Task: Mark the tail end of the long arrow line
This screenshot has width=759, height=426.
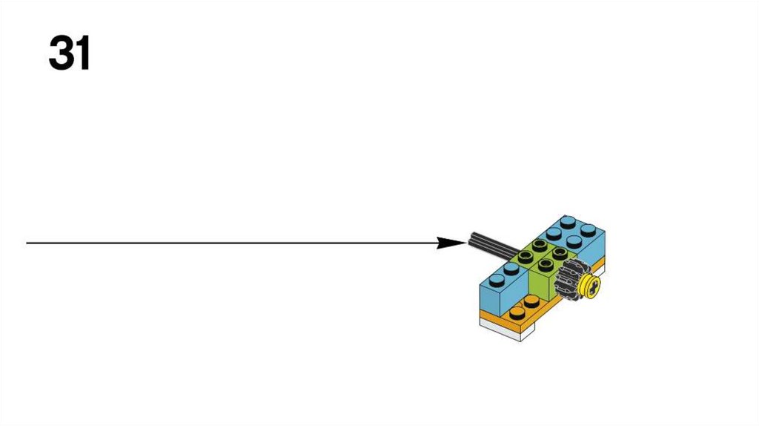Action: pyautogui.click(x=28, y=243)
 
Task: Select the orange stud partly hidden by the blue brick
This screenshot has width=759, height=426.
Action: pyautogui.click(x=531, y=301)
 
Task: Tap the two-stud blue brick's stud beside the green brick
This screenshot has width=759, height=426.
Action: pyautogui.click(x=511, y=268)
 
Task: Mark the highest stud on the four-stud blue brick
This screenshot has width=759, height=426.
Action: pyautogui.click(x=569, y=220)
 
